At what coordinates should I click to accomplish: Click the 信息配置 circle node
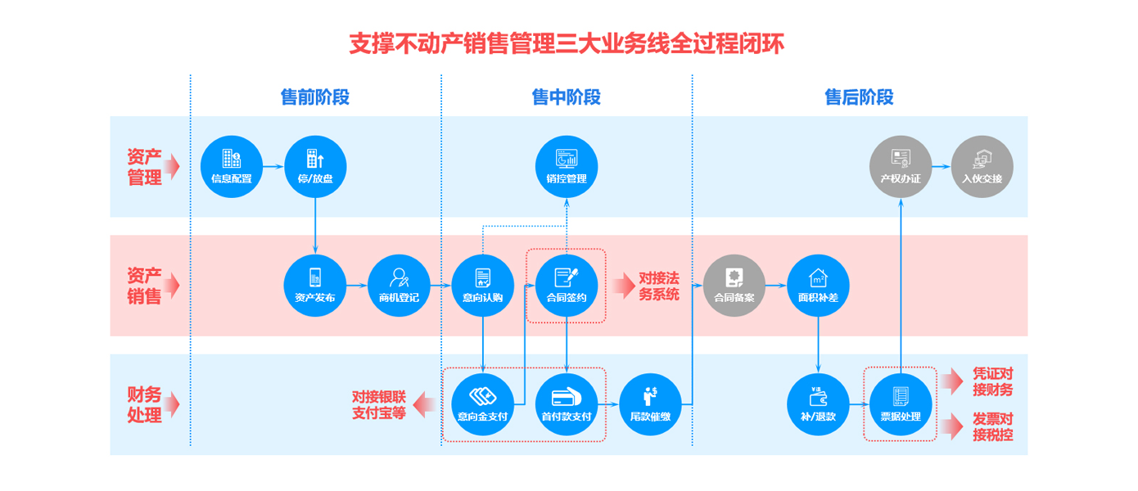point(232,167)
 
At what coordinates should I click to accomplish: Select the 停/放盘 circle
point(315,167)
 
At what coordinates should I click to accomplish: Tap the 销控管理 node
point(567,167)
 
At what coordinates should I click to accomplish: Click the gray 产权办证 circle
point(901,167)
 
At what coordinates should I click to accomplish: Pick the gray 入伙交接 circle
point(982,167)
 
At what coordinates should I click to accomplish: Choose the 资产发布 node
point(315,286)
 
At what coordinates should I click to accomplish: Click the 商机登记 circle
point(399,286)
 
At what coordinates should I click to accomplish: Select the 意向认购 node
point(483,286)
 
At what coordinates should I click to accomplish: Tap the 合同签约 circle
point(567,286)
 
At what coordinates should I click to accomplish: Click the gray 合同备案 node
point(734,286)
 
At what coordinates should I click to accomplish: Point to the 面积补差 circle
point(818,286)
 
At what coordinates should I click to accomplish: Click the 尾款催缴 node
point(650,404)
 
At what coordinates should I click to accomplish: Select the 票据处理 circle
point(901,404)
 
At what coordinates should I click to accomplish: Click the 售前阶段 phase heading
point(315,97)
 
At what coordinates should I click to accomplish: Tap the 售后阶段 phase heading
point(859,97)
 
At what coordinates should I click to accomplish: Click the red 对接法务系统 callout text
point(659,286)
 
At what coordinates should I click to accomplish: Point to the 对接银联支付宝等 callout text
point(379,405)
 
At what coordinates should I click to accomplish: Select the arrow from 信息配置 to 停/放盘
point(273,167)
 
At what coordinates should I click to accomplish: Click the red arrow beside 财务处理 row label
point(173,404)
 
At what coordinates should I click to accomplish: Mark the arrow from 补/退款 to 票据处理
point(860,404)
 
